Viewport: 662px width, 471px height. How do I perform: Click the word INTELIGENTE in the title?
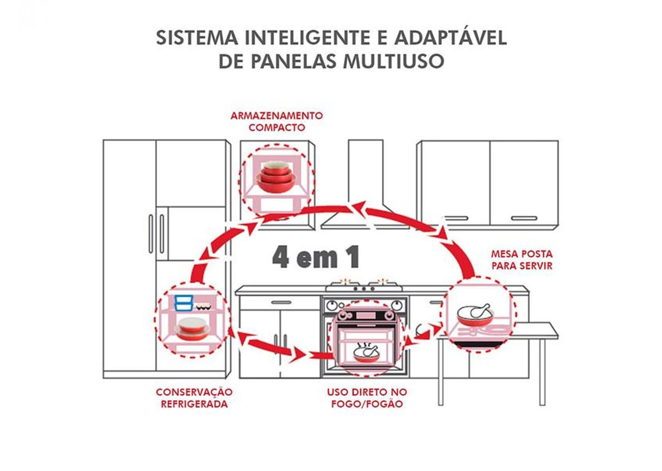(x=307, y=37)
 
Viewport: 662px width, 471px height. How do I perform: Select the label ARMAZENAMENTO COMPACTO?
(x=277, y=122)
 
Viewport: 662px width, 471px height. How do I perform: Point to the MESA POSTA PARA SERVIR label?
(x=522, y=260)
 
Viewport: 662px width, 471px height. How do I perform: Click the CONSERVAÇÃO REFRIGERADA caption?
(x=194, y=398)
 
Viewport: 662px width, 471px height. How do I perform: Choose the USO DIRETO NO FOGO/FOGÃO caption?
(x=367, y=398)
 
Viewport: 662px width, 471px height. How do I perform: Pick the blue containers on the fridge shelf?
(x=183, y=303)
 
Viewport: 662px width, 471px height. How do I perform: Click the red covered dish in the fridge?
(x=192, y=329)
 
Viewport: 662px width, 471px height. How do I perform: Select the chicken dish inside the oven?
(x=366, y=353)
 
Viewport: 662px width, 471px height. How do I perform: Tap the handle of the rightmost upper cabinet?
(x=524, y=218)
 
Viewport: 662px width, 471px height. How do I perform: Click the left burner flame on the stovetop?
(x=344, y=281)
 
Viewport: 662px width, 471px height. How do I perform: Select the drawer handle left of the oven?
(x=281, y=302)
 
